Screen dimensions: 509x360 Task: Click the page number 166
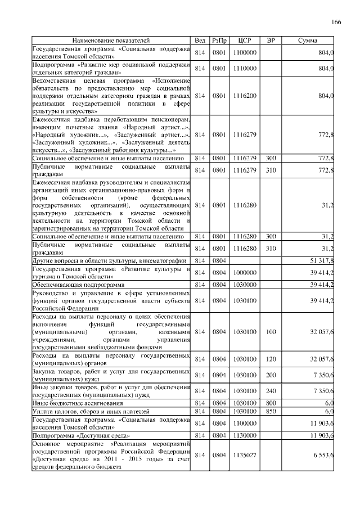[336, 22]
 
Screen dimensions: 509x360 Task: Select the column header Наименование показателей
[111, 41]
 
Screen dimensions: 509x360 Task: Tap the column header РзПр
[219, 41]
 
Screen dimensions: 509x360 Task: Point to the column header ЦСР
[244, 41]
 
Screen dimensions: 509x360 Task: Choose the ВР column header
[271, 41]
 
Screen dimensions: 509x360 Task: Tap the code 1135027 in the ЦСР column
[244, 458]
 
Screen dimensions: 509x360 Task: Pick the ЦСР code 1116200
[244, 96]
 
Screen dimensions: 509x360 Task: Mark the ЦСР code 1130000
[244, 436]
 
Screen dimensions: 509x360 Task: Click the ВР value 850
[271, 411]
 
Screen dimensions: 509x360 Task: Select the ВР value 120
[271, 359]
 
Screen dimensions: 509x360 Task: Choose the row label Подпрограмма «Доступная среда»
[82, 436]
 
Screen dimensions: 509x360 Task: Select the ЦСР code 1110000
[244, 69]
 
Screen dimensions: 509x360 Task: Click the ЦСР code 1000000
[244, 273]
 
